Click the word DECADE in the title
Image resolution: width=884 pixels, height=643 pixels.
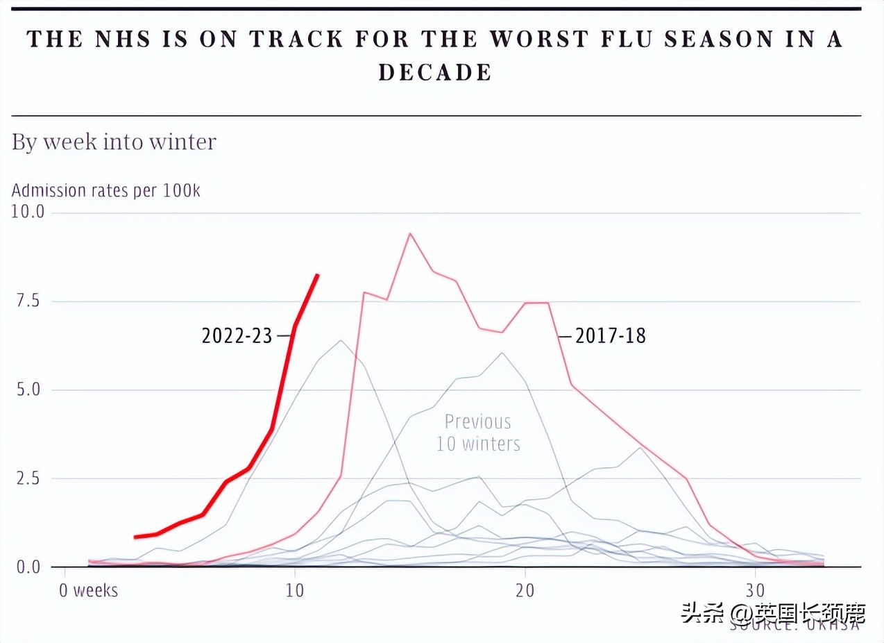pyautogui.click(x=435, y=72)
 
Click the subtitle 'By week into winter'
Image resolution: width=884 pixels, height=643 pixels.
pyautogui.click(x=114, y=142)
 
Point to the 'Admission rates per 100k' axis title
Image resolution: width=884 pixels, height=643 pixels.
pyautogui.click(x=106, y=190)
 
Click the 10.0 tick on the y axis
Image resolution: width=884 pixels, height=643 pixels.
pyautogui.click(x=28, y=212)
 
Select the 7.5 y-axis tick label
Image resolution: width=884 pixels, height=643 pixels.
pyautogui.click(x=28, y=301)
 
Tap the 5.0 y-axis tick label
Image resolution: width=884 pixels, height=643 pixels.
pyautogui.click(x=28, y=390)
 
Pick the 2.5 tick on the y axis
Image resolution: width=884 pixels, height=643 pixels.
pyautogui.click(x=28, y=478)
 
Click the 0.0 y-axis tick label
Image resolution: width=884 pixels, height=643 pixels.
pyautogui.click(x=28, y=567)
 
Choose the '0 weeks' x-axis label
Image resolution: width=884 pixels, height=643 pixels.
pyautogui.click(x=88, y=591)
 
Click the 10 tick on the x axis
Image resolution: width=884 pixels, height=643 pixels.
pyautogui.click(x=295, y=591)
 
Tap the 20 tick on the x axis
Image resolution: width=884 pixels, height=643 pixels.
pyautogui.click(x=525, y=591)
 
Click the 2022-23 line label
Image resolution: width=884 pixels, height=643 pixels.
pyautogui.click(x=237, y=336)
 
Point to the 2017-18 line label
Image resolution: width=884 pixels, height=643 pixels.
pyautogui.click(x=611, y=336)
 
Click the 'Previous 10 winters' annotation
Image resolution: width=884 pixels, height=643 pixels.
pyautogui.click(x=478, y=433)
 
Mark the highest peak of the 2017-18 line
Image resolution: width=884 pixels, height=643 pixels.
pyautogui.click(x=410, y=233)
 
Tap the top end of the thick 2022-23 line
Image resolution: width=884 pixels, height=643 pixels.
pyautogui.click(x=318, y=275)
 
